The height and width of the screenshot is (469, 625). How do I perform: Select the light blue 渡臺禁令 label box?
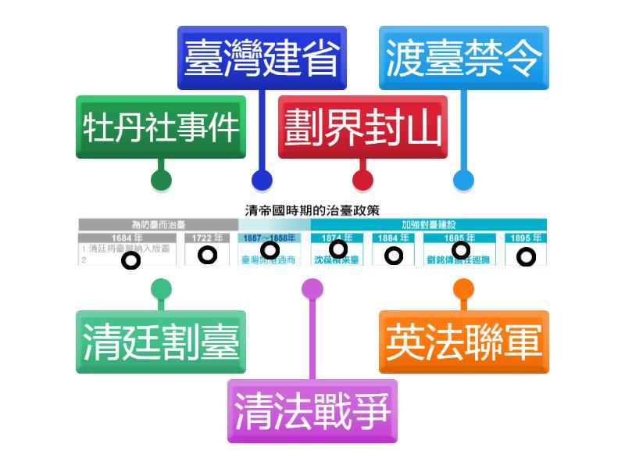coord(463,57)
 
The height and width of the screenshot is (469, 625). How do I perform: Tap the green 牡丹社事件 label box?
coord(161,127)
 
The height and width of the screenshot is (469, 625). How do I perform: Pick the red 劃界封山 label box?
coord(362,127)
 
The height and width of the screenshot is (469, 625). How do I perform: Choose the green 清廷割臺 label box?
coord(161,342)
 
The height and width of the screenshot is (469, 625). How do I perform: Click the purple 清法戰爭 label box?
coord(312,410)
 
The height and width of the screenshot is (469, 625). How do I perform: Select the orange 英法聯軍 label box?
coord(463,342)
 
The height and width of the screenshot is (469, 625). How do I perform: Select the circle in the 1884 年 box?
coord(394,255)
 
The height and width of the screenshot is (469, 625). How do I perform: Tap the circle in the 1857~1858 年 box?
coord(270,250)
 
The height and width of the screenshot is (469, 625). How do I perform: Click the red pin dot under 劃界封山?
coord(362,181)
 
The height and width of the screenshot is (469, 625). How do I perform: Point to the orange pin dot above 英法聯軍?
coord(463,288)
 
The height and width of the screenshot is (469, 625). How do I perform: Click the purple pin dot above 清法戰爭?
coord(312,288)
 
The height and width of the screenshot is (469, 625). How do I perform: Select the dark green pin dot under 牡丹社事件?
coord(161,181)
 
